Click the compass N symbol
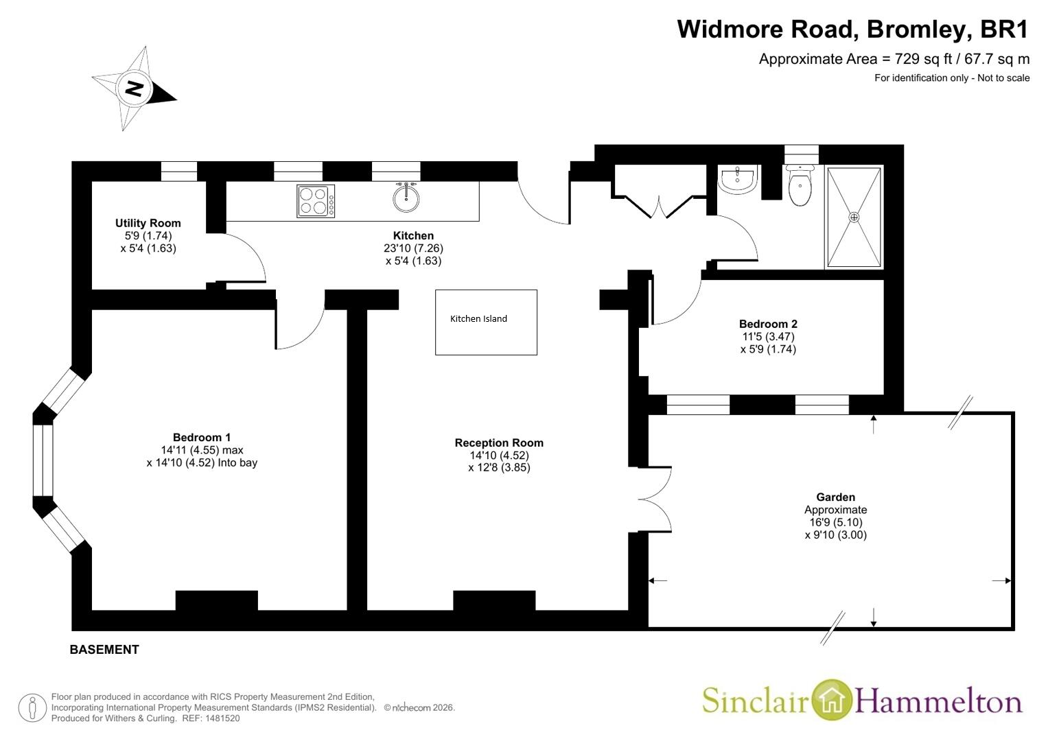point(135,88)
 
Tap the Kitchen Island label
point(478,318)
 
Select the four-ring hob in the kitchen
point(316,201)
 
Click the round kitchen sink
point(406,198)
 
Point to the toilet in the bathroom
point(800,185)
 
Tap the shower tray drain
point(854,217)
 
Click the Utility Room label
point(148,223)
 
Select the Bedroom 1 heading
point(202,438)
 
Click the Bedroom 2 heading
point(768,324)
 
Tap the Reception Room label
point(499,443)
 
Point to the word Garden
point(836,497)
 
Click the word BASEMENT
point(104,650)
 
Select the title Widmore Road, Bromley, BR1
point(853,29)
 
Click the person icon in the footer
point(32,708)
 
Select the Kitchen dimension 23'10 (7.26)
point(413,248)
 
